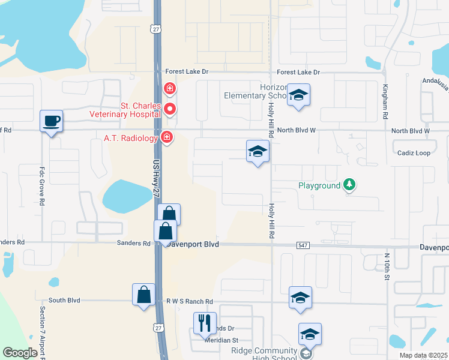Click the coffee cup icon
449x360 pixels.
51,121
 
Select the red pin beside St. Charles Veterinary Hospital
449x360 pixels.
170,109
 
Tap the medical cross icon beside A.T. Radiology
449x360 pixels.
167,138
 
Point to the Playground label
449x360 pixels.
319,185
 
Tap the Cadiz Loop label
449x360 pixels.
414,153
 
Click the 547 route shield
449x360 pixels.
303,245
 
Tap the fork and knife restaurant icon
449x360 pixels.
204,323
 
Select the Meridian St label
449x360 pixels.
222,340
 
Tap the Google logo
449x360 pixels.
20,353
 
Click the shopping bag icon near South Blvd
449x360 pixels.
143,294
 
